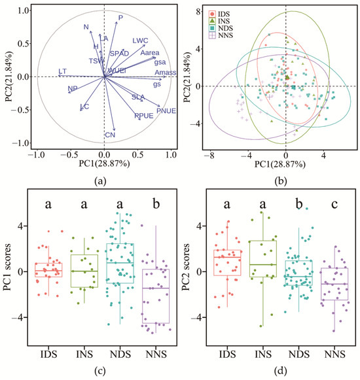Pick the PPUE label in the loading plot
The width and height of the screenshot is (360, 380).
tap(143, 116)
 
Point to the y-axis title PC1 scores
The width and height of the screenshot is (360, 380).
tap(9, 269)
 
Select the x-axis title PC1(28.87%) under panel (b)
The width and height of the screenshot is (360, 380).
tap(286, 167)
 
